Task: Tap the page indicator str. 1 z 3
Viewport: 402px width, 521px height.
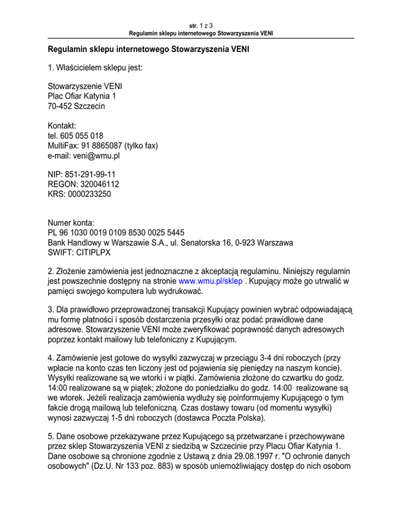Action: pyautogui.click(x=200, y=25)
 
